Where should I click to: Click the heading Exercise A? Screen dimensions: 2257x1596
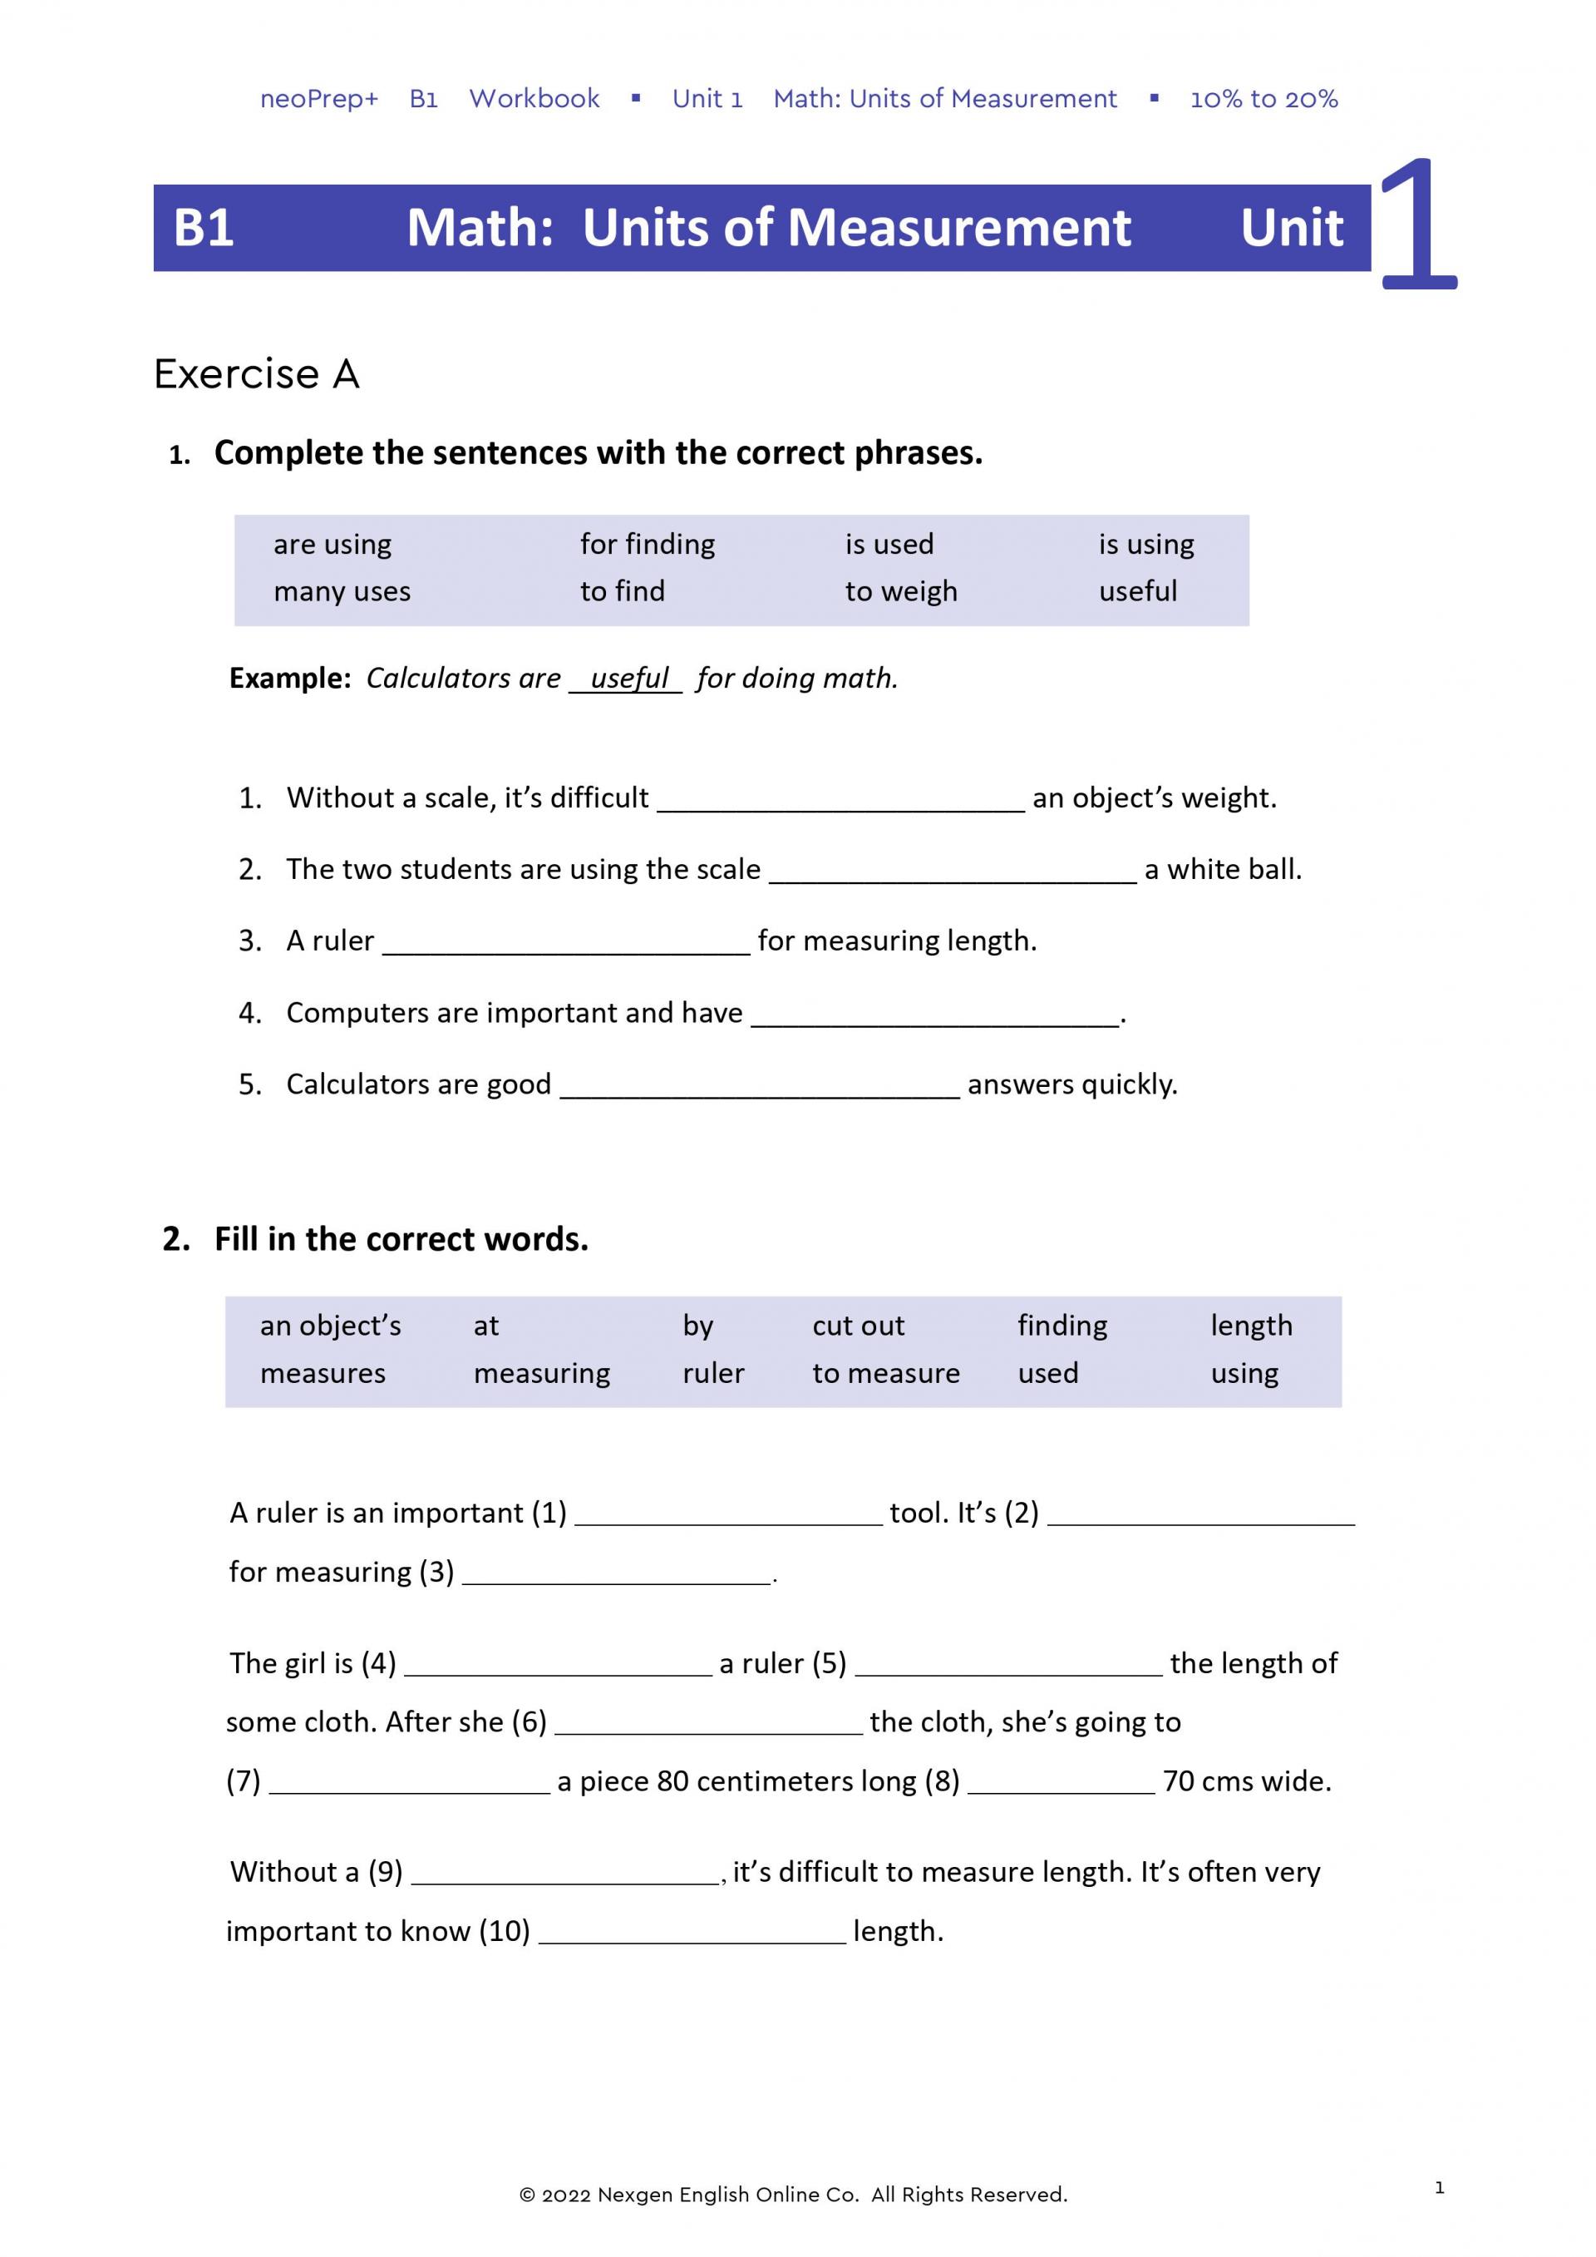point(257,374)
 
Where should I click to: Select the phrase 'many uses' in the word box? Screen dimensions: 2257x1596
point(342,592)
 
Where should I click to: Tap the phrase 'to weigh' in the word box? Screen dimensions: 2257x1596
point(900,592)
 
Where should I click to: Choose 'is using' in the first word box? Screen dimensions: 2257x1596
point(1146,545)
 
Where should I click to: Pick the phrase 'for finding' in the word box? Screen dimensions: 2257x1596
point(647,545)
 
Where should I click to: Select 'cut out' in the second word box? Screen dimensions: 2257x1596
point(858,1326)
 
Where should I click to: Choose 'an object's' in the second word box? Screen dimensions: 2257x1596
point(330,1326)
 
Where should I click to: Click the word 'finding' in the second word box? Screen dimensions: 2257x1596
point(1062,1326)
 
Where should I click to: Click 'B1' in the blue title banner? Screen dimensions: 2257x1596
point(204,228)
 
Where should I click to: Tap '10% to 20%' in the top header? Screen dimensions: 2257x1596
point(1263,99)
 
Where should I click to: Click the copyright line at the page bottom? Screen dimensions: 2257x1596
point(792,2195)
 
